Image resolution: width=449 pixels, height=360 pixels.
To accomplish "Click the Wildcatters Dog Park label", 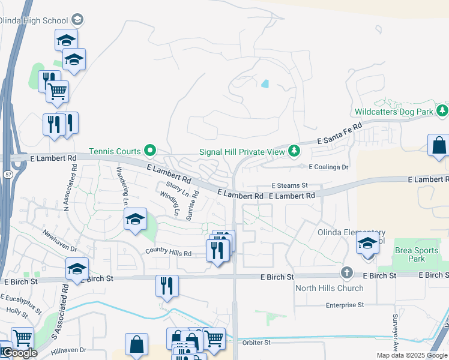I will click(393, 112).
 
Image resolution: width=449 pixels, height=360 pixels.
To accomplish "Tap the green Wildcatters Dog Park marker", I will click(442, 110).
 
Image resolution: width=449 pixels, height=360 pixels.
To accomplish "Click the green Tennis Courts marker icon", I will click(150, 151).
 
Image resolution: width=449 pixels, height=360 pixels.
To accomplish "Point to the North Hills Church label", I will click(329, 288).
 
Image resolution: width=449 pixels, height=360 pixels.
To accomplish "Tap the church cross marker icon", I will click(346, 273).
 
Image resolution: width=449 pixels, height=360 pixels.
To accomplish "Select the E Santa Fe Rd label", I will click(344, 134).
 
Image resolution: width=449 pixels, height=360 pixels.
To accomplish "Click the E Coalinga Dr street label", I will click(328, 167).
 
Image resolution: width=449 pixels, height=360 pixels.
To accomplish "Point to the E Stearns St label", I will click(289, 186).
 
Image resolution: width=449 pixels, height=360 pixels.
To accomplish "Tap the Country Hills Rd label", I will click(167, 253).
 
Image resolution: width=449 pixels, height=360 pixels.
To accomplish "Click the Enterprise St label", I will click(345, 305).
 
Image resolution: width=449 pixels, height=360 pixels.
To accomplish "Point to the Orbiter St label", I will click(258, 343).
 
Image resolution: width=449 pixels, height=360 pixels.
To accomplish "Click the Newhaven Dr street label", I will click(60, 239).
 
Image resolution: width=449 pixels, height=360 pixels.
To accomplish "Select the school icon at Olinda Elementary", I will click(367, 243).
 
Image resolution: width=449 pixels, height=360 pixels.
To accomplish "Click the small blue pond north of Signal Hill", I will click(265, 84).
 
